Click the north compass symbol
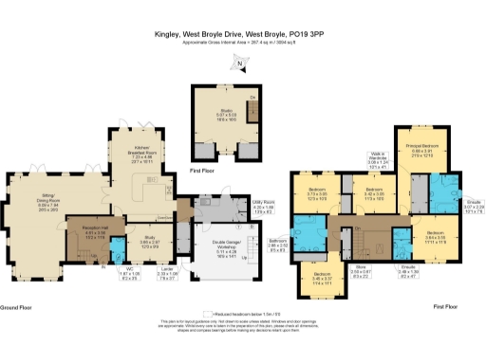pyautogui.click(x=240, y=63)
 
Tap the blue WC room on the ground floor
pyautogui.click(x=116, y=248)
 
